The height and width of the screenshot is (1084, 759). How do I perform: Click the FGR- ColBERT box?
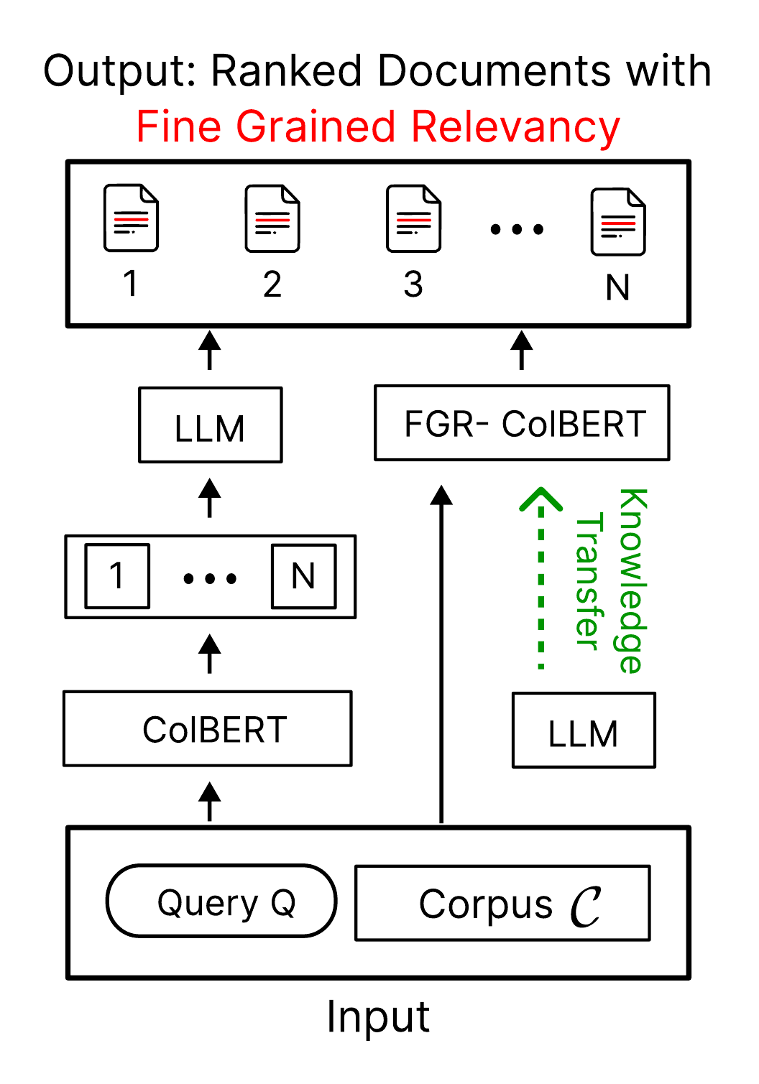coord(522,423)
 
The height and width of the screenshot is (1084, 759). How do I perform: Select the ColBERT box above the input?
coord(208,729)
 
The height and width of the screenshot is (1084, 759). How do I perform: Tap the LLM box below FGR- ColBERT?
coord(584,731)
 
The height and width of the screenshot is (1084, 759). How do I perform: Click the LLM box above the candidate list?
coord(211,425)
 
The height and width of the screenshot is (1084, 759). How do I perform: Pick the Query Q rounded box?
coord(221,902)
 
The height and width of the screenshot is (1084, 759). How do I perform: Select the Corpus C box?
coord(502,903)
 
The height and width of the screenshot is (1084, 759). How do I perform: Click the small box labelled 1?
coord(117,576)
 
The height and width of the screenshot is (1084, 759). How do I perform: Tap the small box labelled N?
coord(303,576)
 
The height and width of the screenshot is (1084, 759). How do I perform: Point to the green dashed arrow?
coord(541,582)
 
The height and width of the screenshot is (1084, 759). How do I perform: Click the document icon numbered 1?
coord(131,218)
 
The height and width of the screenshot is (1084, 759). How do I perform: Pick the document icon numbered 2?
coord(272,218)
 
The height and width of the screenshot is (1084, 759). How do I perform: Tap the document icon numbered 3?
coord(413,218)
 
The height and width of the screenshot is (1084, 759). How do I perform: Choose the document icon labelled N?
coord(618,222)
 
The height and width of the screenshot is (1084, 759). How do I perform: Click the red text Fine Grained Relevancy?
coord(378,127)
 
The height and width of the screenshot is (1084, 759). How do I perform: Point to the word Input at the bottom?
coord(378,1016)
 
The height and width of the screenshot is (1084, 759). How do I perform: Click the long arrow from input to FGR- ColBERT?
coord(441,654)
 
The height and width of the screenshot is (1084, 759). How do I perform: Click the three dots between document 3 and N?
coord(517,230)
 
